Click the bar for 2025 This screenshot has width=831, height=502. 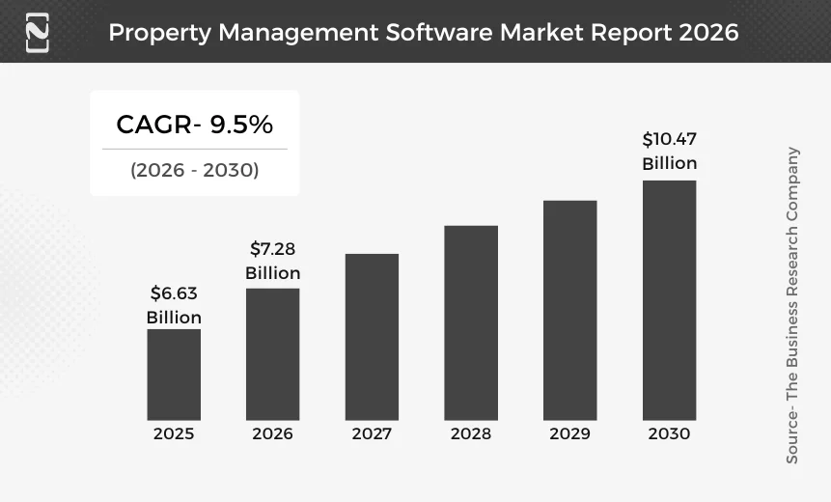coord(174,375)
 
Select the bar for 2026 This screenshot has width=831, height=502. coord(272,354)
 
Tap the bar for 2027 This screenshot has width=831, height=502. coord(372,337)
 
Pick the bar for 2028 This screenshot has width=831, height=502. coord(471,322)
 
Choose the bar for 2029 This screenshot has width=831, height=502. coord(569,310)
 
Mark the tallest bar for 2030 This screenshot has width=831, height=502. coord(669,300)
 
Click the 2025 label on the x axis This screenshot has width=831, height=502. coord(174,434)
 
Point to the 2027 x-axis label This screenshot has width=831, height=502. coord(372,434)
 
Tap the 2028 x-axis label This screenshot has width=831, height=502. coord(471,434)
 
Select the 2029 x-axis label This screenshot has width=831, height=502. coord(569,434)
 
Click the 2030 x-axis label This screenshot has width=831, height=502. coord(669,434)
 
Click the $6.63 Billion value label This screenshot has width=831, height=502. coord(174,305)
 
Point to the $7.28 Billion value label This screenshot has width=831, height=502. coord(272,262)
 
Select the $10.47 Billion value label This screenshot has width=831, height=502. coord(669,152)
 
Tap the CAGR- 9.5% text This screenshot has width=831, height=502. coord(194,125)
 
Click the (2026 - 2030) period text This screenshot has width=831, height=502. coord(194,171)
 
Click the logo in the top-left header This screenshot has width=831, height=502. coord(37,32)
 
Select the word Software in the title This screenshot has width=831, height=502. coord(439,32)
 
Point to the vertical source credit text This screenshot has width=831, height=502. coord(792,305)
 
